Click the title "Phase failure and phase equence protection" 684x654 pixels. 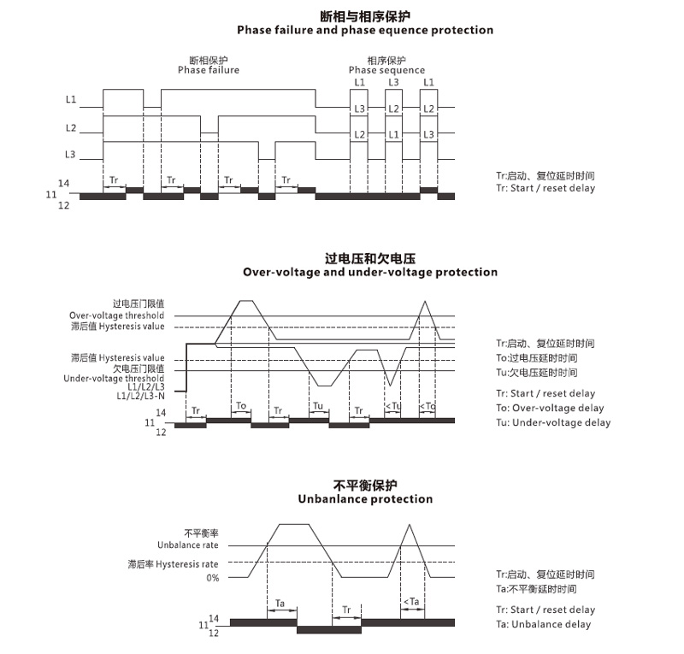tap(365, 30)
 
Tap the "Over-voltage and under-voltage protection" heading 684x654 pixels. tap(370, 272)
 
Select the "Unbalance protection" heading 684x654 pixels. tap(365, 498)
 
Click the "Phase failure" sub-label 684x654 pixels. tap(209, 70)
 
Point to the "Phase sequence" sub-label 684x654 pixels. tap(386, 70)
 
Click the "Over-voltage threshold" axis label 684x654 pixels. tap(117, 315)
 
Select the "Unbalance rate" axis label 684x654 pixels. tap(188, 545)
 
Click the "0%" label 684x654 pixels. tap(211, 578)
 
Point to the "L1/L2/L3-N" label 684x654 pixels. tap(141, 397)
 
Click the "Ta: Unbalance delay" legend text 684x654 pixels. tap(543, 624)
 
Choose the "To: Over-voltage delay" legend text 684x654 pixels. tap(550, 408)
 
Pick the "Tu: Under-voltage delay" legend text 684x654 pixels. tap(553, 422)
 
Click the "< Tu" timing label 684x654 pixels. tap(392, 406)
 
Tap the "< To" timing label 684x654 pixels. tap(427, 406)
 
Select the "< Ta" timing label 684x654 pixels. tap(411, 602)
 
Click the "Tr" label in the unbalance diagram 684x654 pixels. tap(346, 610)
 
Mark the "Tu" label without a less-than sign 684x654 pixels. tap(317, 406)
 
